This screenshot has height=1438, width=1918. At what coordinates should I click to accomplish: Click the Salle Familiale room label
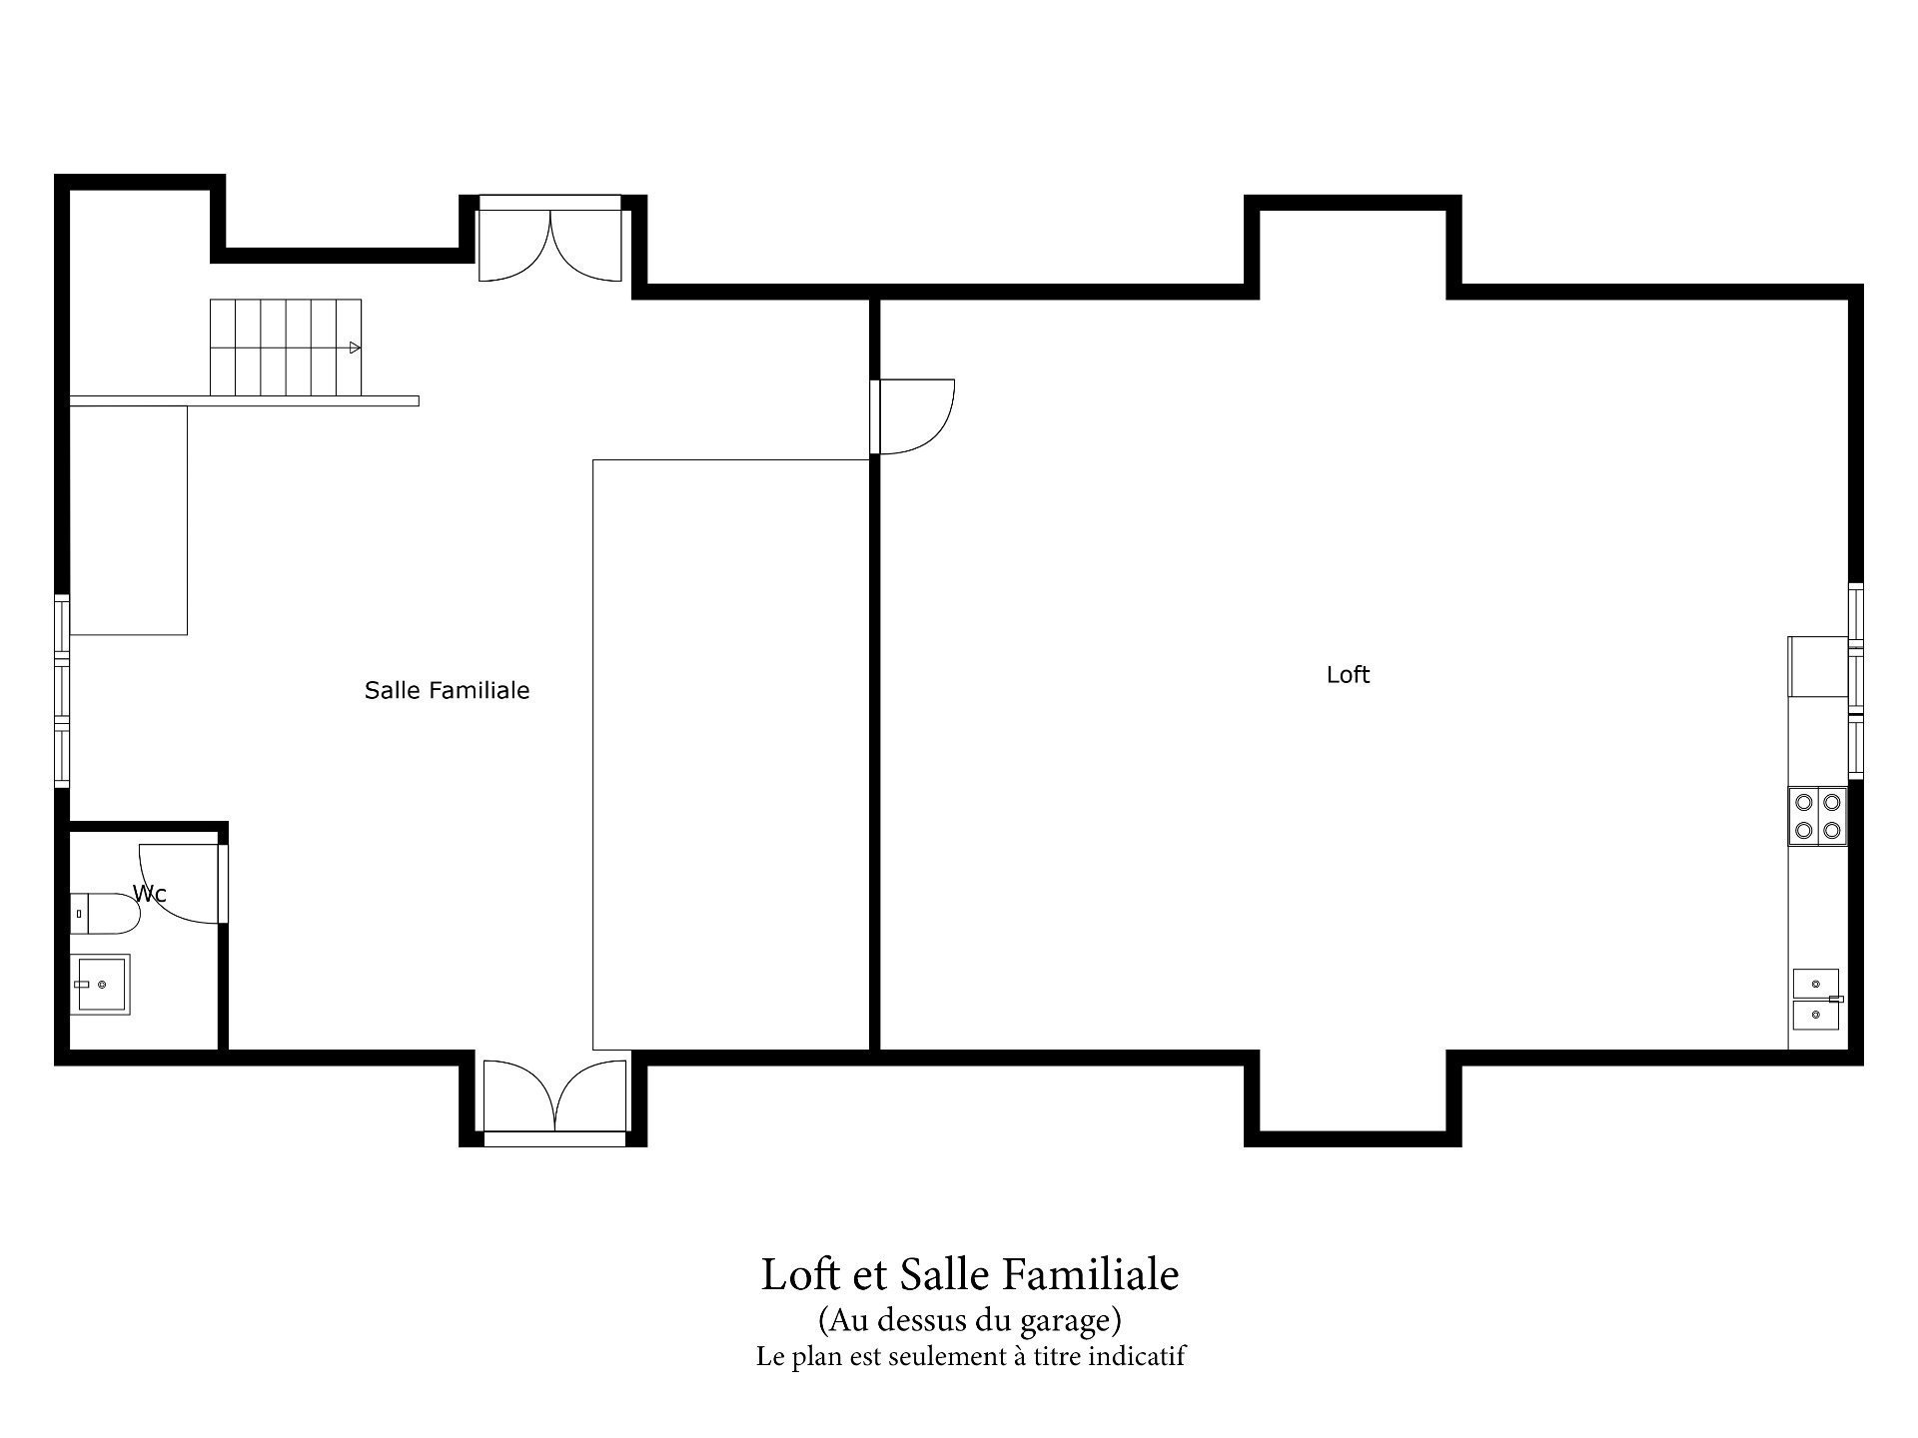tap(447, 690)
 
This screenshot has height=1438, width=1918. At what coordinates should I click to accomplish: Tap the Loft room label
tap(1348, 675)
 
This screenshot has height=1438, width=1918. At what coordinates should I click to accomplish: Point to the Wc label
tap(150, 894)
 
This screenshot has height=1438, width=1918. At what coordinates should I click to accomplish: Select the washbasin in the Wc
tap(101, 985)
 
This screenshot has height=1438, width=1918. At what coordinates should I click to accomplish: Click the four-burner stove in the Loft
tap(1818, 816)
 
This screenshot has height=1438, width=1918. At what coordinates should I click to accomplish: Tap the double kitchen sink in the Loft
tap(1816, 999)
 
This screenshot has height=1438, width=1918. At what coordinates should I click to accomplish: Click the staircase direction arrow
tap(355, 348)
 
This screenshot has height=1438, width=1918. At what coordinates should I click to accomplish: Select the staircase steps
tap(285, 348)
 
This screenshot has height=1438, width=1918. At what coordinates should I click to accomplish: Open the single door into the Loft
tap(914, 416)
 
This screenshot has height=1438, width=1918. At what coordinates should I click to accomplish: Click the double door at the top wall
tap(550, 240)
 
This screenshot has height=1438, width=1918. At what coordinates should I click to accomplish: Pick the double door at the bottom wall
tap(554, 1096)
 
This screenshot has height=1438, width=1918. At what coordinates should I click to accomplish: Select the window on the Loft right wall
tap(1856, 680)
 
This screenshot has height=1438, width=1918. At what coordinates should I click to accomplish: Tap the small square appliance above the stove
tap(1816, 666)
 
